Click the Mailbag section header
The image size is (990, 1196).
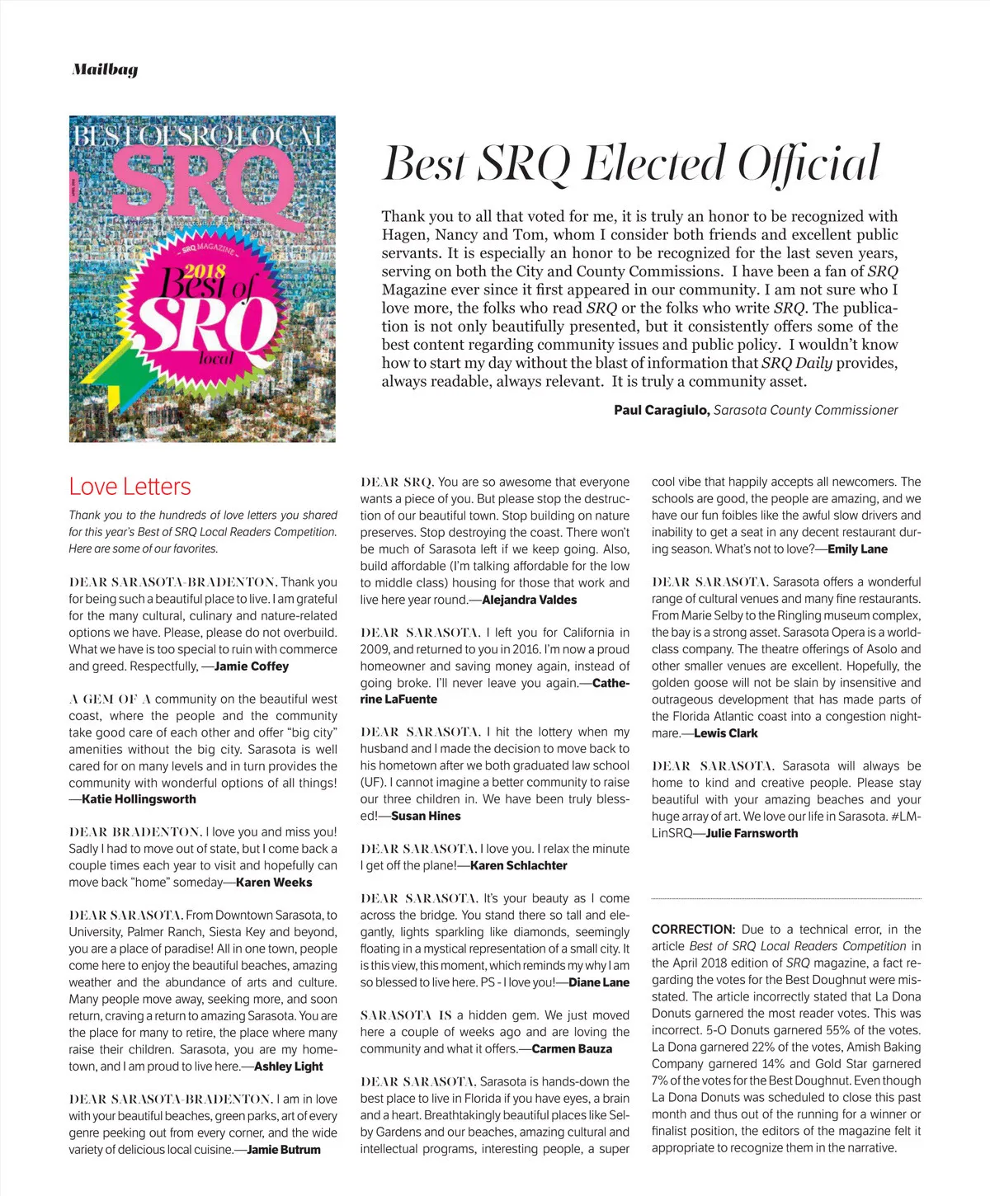(105, 70)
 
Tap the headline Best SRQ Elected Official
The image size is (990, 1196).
(631, 162)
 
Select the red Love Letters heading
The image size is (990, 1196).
(130, 487)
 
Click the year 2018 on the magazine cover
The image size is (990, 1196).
(205, 271)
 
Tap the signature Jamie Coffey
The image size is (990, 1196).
(252, 666)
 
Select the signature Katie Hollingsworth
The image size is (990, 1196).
(139, 799)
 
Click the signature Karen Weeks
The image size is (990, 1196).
(274, 883)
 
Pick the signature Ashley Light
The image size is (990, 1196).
(289, 1067)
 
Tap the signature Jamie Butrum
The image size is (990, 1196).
(284, 1150)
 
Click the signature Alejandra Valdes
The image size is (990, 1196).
(529, 600)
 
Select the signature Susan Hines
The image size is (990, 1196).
(426, 817)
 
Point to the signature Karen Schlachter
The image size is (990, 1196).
(519, 866)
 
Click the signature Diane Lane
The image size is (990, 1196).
(599, 983)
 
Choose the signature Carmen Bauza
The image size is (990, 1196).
(572, 1049)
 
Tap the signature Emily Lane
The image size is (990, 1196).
(857, 549)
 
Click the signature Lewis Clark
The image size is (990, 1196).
(725, 733)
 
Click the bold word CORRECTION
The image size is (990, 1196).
(693, 930)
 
